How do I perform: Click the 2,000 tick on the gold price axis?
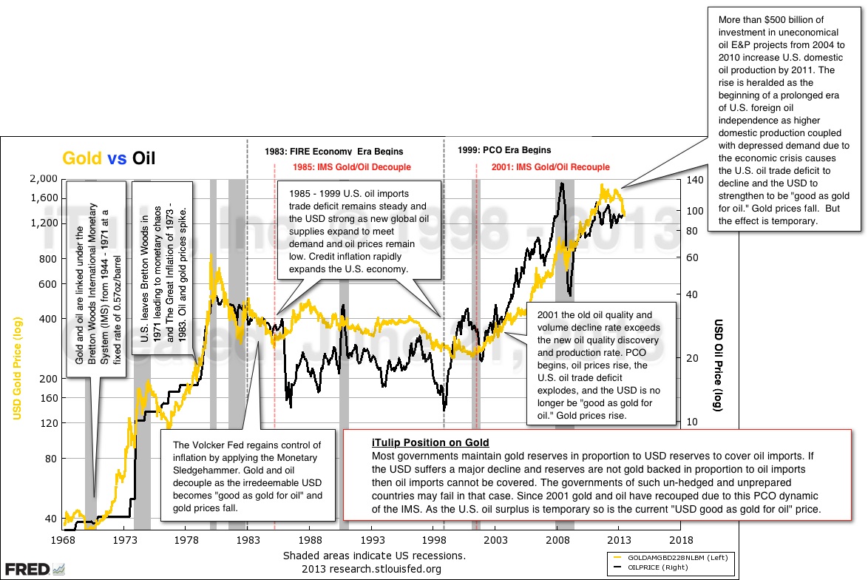(x=44, y=178)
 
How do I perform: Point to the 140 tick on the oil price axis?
(x=692, y=180)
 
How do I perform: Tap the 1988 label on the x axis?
(x=310, y=540)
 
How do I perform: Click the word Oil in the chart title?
(x=143, y=158)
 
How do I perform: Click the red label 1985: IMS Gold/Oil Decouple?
(x=351, y=167)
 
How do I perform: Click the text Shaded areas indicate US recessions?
(x=374, y=555)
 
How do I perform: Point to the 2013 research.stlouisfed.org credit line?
(x=371, y=569)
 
